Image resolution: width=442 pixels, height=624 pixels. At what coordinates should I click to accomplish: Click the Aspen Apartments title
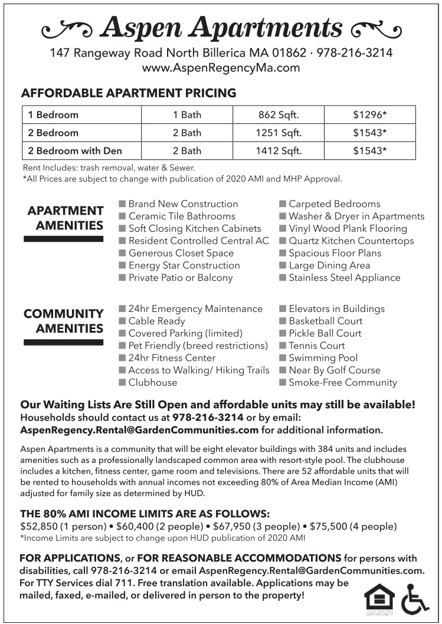click(x=221, y=28)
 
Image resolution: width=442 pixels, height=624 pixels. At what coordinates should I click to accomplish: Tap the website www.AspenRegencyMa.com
click(x=221, y=67)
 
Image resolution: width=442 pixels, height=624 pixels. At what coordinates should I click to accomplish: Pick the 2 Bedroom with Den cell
click(x=75, y=150)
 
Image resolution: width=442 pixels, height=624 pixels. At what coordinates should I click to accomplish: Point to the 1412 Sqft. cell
click(x=279, y=150)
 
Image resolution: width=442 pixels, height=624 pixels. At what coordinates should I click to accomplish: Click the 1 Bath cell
click(x=187, y=115)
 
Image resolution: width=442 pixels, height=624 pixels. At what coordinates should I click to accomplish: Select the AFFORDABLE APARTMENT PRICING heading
click(x=129, y=93)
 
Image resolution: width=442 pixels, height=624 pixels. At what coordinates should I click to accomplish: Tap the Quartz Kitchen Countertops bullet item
click(x=351, y=241)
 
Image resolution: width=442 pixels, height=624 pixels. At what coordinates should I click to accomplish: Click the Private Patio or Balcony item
click(x=181, y=278)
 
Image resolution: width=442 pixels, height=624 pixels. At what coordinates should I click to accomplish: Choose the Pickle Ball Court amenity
click(x=325, y=333)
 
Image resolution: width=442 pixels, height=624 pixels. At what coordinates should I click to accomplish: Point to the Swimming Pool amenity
click(x=323, y=358)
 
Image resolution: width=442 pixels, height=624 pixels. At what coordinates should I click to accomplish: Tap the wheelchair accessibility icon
click(x=415, y=599)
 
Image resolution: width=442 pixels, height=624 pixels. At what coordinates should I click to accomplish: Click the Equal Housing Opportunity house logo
click(x=379, y=598)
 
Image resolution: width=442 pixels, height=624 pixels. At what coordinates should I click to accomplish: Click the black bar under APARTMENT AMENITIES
click(x=64, y=239)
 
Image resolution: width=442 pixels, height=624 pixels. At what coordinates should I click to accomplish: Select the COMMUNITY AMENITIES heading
click(x=64, y=321)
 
